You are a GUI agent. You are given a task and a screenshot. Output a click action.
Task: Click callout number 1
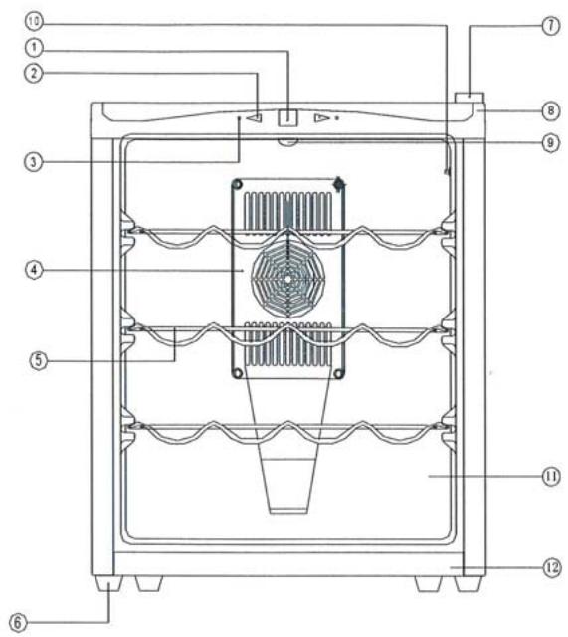pyautogui.click(x=34, y=48)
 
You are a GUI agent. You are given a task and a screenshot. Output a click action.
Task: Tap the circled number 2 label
pyautogui.click(x=34, y=73)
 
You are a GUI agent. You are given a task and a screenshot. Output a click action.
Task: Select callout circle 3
pyautogui.click(x=34, y=162)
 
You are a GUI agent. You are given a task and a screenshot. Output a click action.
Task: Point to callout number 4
pyautogui.click(x=34, y=270)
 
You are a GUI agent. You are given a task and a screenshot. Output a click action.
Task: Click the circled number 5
pyautogui.click(x=39, y=360)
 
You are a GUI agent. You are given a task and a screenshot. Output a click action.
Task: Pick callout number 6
pyautogui.click(x=18, y=622)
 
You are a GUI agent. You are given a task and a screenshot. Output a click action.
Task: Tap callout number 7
pyautogui.click(x=551, y=26)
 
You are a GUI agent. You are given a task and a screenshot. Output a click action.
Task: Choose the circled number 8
pyautogui.click(x=551, y=110)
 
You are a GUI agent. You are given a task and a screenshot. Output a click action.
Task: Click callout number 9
pyautogui.click(x=551, y=143)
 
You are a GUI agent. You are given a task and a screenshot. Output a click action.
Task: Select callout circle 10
pyautogui.click(x=34, y=22)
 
